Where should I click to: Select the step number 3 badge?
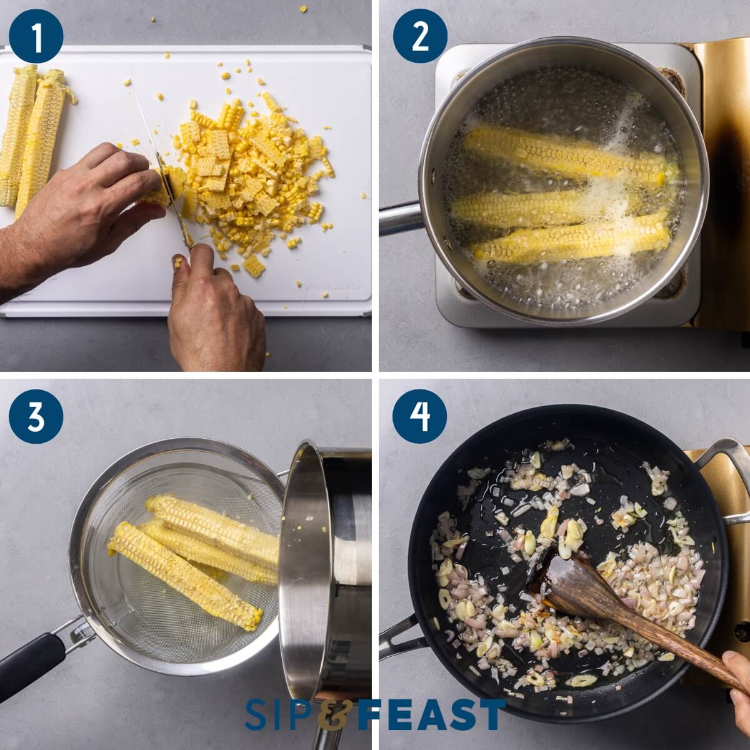(x=36, y=416)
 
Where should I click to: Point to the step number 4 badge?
(x=419, y=416)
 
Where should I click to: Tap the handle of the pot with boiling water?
(x=400, y=216)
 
